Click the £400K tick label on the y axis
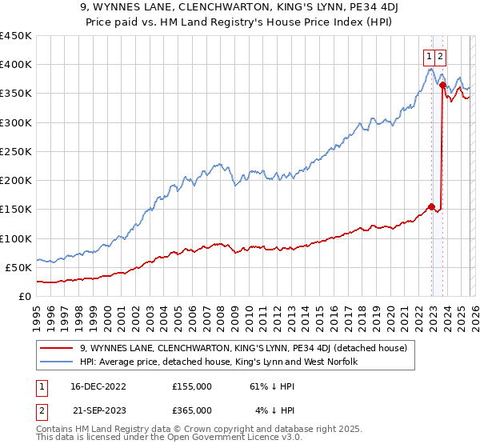tap(16, 65)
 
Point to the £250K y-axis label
tap(16, 151)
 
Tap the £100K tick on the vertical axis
tap(16, 238)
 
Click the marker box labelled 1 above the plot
tap(430, 56)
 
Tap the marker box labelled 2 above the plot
tap(441, 56)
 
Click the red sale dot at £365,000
tap(442, 85)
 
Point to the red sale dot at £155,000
tap(432, 206)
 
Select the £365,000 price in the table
tap(192, 410)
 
